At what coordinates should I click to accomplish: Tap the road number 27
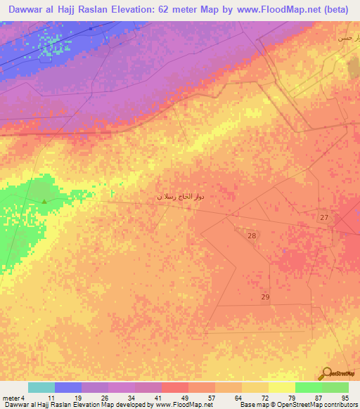[324, 218]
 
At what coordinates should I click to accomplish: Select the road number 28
[252, 236]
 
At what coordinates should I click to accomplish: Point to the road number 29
[265, 297]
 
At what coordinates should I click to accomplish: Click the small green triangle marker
[44, 202]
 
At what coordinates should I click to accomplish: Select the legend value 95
[344, 398]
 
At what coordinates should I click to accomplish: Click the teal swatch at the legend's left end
[41, 387]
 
